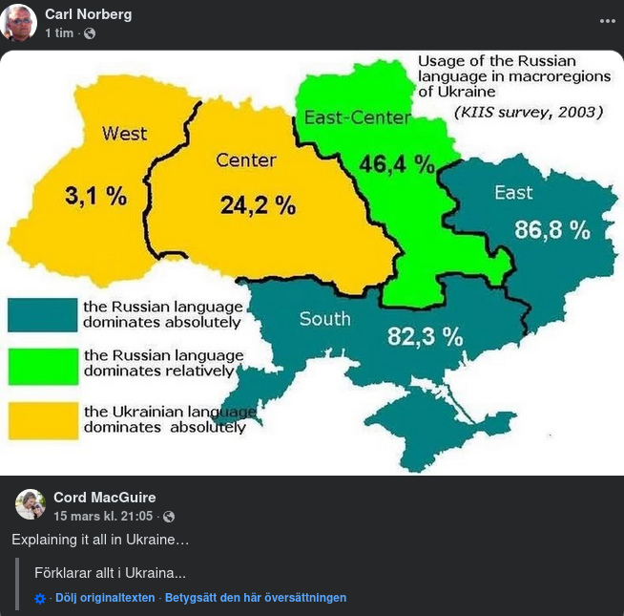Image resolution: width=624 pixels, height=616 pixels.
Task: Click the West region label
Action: pos(125,134)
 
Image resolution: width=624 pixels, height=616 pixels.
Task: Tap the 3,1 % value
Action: pos(95,196)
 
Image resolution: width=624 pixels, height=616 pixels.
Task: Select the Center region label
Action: pos(246,160)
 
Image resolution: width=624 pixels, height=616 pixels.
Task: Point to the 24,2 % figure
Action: pos(258,204)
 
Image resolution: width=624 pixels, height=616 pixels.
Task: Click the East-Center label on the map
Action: pos(357,118)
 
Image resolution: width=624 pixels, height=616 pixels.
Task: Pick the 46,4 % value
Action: pos(397,163)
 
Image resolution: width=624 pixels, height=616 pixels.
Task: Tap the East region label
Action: pos(513,193)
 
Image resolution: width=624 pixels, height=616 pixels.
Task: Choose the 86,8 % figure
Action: pos(552,229)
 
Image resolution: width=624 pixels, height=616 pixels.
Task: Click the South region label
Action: pos(324,319)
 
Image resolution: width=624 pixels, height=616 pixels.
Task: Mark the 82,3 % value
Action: pos(425,336)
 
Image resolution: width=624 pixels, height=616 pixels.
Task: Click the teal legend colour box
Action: pos(43,314)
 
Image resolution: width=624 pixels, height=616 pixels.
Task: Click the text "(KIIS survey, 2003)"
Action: pos(529,113)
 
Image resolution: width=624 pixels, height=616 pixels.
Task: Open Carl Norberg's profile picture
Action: pos(19,23)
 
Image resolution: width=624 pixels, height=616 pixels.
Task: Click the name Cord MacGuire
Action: pos(104,498)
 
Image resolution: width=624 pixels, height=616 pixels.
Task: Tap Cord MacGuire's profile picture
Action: pos(31,504)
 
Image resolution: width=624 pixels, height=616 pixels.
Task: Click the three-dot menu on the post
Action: pos(608,20)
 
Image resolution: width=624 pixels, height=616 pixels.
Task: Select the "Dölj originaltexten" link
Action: pos(105,598)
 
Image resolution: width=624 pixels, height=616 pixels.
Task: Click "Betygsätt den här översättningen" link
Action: pos(256,598)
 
